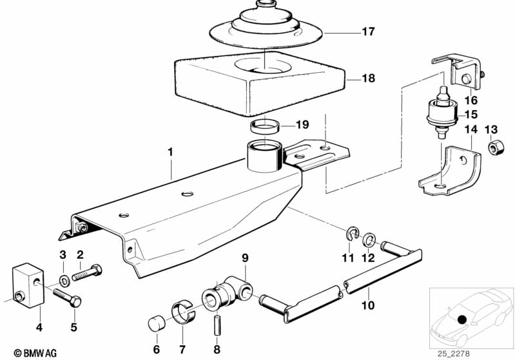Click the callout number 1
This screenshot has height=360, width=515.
click(x=170, y=153)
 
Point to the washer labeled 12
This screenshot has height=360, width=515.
click(x=370, y=241)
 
